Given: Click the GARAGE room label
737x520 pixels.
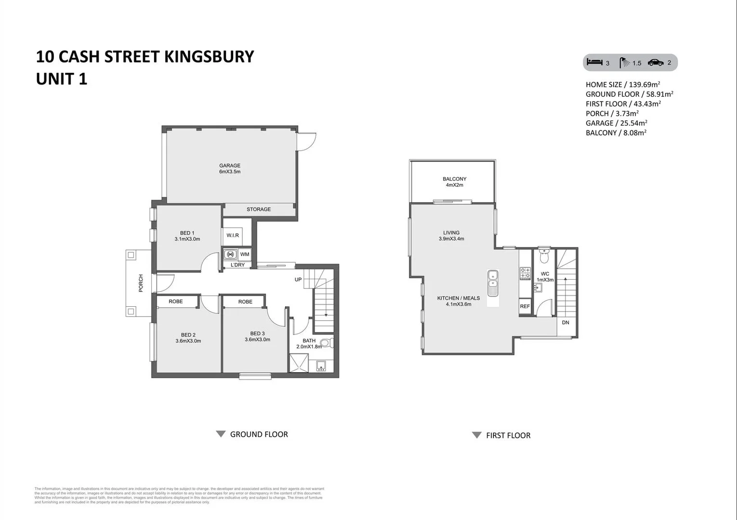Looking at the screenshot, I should pos(230,166).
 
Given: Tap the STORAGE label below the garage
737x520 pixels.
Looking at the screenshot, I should pos(259,209).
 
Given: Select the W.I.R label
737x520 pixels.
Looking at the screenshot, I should pos(233,235).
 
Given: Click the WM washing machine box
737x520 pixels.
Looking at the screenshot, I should pos(245,254).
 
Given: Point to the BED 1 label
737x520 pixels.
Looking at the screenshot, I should pos(187,233).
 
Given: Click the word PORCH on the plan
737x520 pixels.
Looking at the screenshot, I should pos(141,283).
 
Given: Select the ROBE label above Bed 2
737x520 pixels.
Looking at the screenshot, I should pos(176,301).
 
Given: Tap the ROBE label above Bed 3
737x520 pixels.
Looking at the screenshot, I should pos(245,302).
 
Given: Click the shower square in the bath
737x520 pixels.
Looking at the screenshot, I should pos(299,363).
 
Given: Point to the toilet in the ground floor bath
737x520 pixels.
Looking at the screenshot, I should pos(326,343).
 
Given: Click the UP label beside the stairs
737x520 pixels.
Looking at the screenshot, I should pos(298,280).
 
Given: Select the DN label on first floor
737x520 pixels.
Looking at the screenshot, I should pos(566,323).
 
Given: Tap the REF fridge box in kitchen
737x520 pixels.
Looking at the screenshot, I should pos(525,306).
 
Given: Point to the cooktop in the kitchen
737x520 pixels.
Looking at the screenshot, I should pos(525,273).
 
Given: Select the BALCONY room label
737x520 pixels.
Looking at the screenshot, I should pos(454,179).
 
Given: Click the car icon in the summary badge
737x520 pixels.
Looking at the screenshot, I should pos(656,63).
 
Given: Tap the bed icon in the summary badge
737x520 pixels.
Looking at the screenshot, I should pos(595,63).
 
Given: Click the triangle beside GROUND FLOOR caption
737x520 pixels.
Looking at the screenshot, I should pos(221,434).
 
